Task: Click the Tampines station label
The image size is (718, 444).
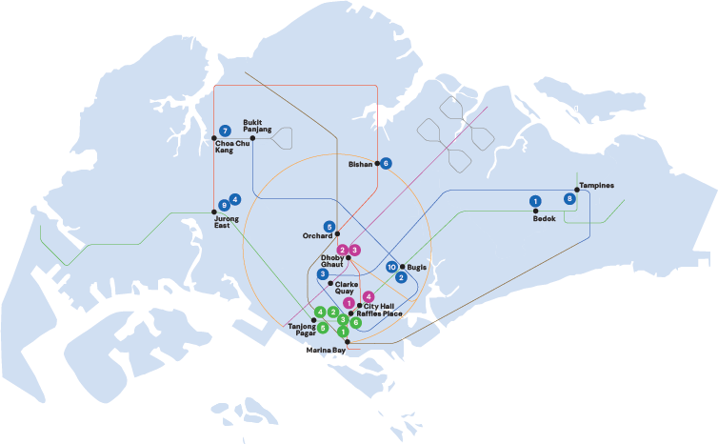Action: [x=596, y=185]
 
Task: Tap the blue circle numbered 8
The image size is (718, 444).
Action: [x=569, y=198]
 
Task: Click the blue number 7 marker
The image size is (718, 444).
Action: [x=225, y=131]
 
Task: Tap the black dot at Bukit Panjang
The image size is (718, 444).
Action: [x=252, y=138]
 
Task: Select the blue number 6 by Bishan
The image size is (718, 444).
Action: [x=386, y=163]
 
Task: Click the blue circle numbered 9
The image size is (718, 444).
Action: [x=224, y=205]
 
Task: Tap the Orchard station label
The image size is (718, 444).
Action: [x=316, y=235]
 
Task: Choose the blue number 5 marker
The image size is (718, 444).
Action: [x=329, y=227]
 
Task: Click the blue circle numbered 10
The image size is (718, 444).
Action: [x=392, y=267]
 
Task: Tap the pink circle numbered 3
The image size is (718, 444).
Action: [x=354, y=250]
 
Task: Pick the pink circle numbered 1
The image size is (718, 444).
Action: [x=349, y=303]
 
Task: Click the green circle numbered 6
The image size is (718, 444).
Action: [x=356, y=323]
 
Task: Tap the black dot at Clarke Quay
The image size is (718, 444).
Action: [x=330, y=284]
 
